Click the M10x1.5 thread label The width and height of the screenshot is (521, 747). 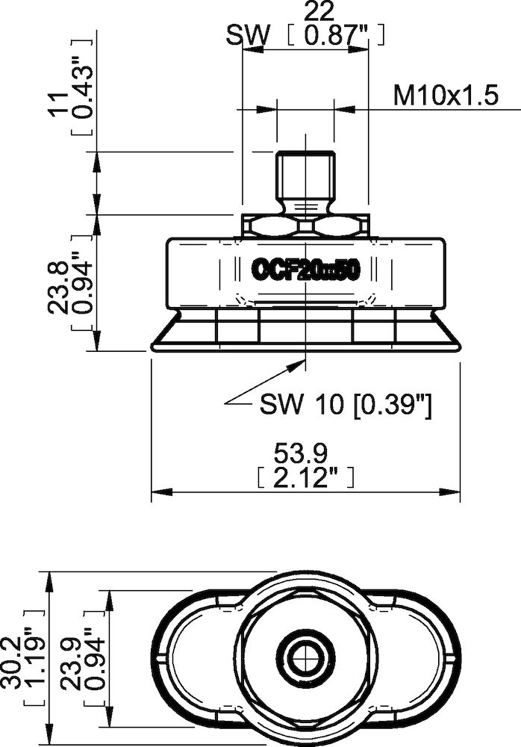(446, 96)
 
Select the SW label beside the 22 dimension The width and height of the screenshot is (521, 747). (247, 36)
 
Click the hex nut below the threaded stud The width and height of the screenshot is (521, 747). (306, 226)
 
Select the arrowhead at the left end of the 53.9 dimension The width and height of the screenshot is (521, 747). (157, 492)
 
